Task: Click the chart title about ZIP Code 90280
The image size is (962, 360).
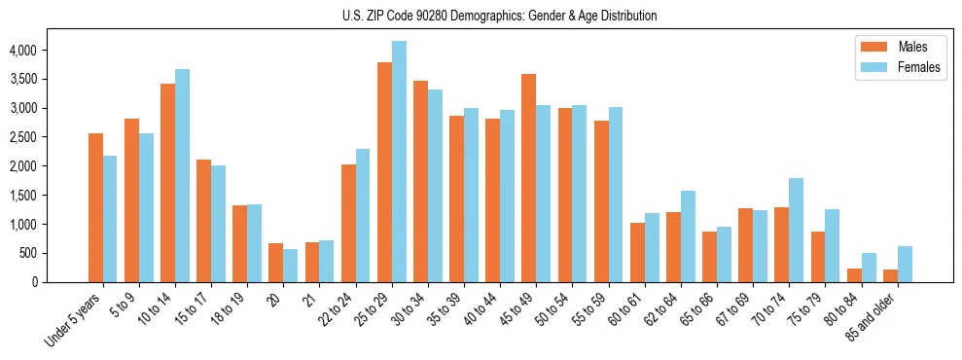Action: coord(499,16)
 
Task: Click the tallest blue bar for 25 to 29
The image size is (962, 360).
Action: coord(399,162)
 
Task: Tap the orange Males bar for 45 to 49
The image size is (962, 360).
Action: coord(528,178)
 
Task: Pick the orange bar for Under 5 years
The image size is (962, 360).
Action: coord(95,208)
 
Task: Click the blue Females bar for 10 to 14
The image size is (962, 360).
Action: coord(182,176)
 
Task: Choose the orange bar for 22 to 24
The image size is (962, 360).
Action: coord(348,224)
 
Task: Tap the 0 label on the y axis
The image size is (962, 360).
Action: coord(60,282)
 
